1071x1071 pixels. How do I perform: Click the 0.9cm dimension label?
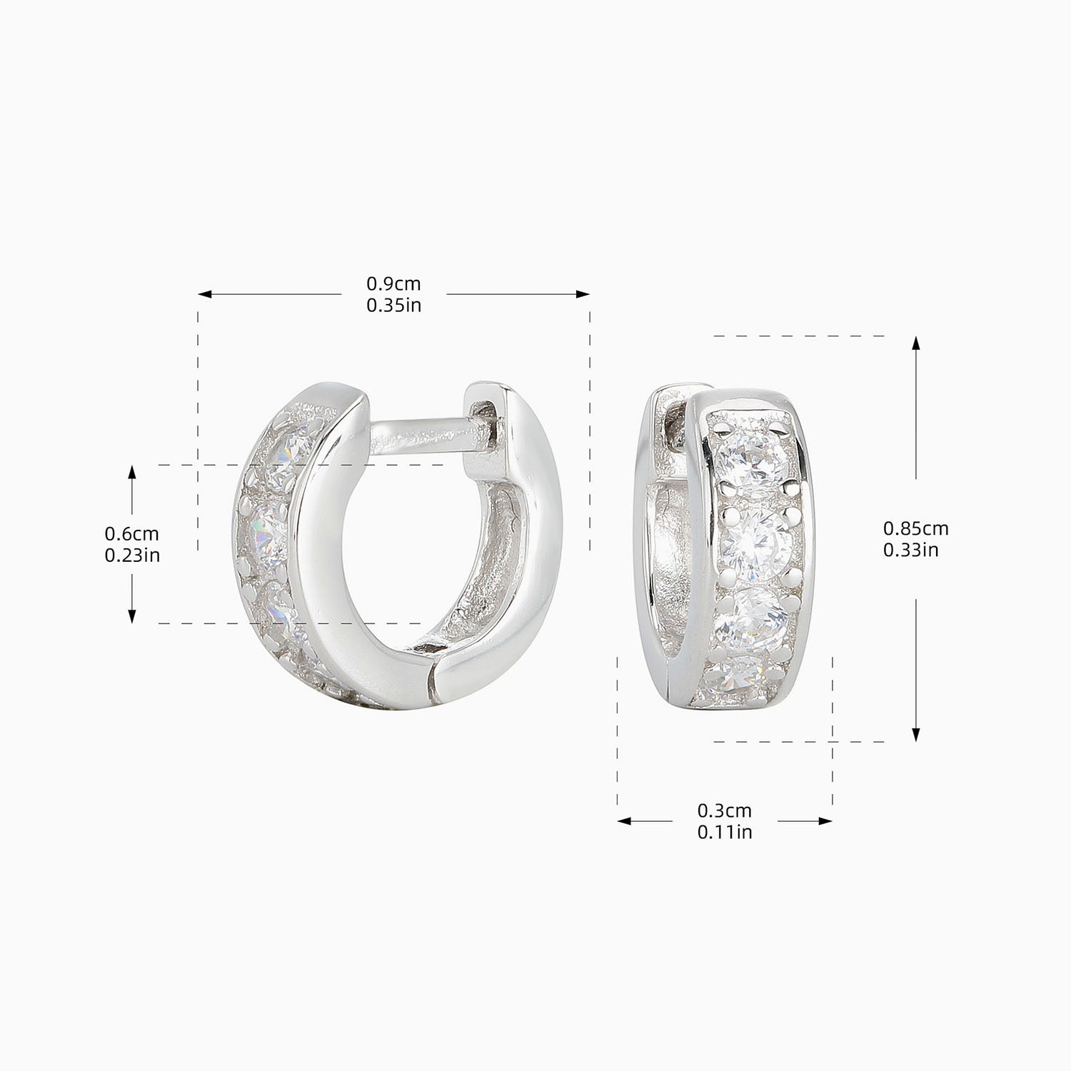[x=393, y=284]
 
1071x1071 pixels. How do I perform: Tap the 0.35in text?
[x=393, y=306]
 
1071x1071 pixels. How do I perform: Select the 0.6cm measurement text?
[x=131, y=533]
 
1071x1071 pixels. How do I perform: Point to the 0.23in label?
[x=132, y=555]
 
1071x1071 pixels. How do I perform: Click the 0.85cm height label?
[x=915, y=528]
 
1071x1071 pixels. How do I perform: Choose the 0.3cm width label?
[x=724, y=810]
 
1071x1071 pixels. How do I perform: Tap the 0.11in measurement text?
[x=724, y=832]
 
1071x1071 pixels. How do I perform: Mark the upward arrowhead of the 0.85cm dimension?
[x=917, y=342]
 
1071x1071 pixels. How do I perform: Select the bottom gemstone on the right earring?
[x=743, y=674]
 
